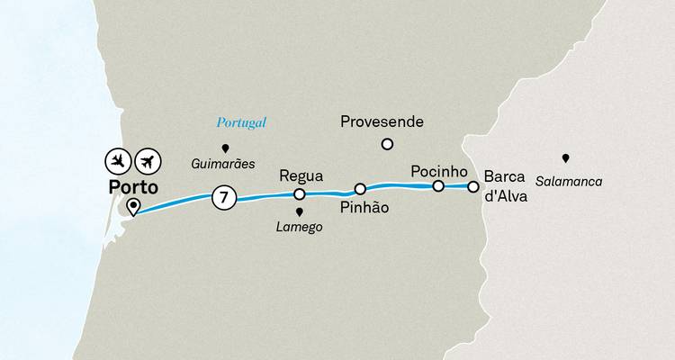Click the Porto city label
pyautogui.click(x=132, y=188)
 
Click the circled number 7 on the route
pyautogui.click(x=222, y=196)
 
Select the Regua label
pyautogui.click(x=301, y=175)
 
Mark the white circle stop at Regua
pyautogui.click(x=300, y=193)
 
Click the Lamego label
pyautogui.click(x=300, y=228)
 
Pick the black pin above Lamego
pyautogui.click(x=300, y=212)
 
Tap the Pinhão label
pyautogui.click(x=364, y=208)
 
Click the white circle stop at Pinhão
pyautogui.click(x=360, y=189)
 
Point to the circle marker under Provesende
pyautogui.click(x=387, y=143)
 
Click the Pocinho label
pyautogui.click(x=437, y=169)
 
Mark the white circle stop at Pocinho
pyautogui.click(x=438, y=186)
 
